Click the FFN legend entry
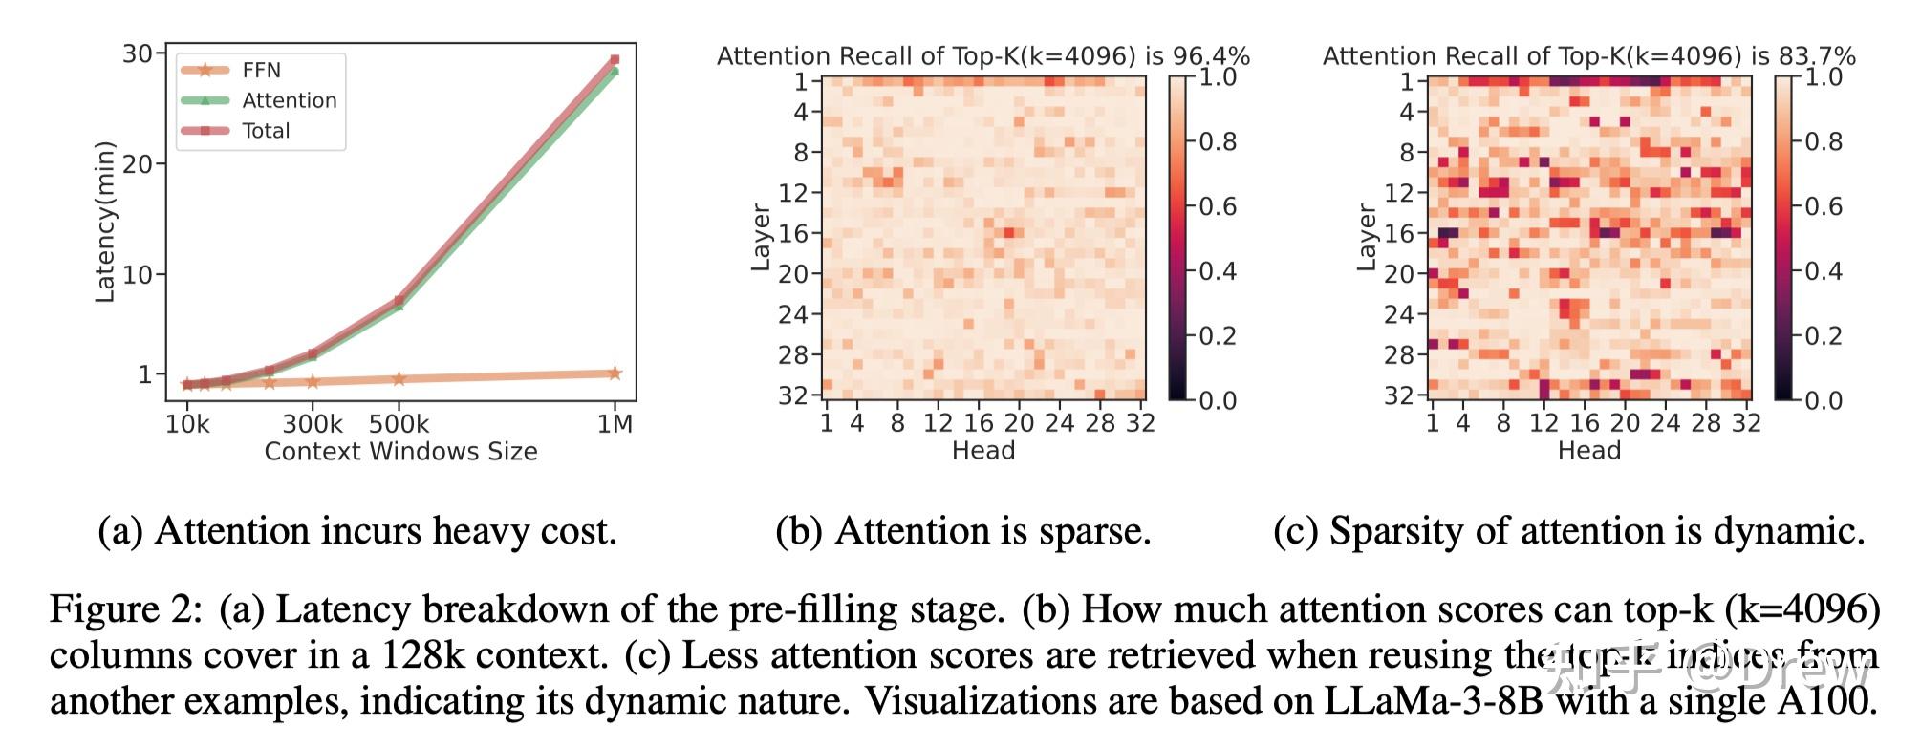point(260,70)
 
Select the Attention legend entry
point(289,100)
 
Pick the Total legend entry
point(265,131)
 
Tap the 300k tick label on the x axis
point(313,423)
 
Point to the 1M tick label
point(615,423)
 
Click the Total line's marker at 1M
point(615,60)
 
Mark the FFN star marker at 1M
point(615,373)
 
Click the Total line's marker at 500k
point(399,300)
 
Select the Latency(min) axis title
point(104,222)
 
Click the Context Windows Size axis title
point(400,451)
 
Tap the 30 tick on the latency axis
point(138,53)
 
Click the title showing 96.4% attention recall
point(982,56)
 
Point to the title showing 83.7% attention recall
point(1588,56)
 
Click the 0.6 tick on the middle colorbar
point(1218,206)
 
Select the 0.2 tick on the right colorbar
point(1823,336)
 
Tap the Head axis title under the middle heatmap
point(982,451)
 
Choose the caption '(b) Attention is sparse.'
point(962,531)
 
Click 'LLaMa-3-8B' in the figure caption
point(1435,701)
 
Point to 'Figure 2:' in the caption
point(126,609)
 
